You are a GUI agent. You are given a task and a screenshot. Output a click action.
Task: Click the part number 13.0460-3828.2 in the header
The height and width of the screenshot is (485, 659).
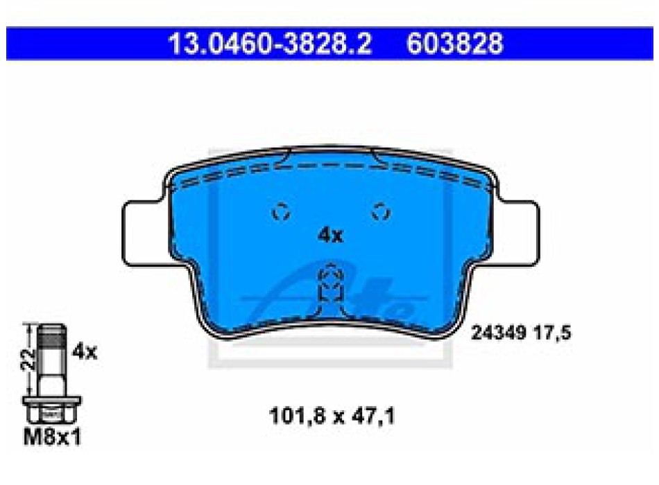point(270,44)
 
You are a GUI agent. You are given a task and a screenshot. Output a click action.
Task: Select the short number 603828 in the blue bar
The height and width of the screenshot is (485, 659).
point(455,44)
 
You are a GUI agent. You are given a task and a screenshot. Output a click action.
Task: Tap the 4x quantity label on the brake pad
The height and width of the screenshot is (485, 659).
point(330,236)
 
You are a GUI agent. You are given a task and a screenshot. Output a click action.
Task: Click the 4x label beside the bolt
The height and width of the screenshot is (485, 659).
point(85,351)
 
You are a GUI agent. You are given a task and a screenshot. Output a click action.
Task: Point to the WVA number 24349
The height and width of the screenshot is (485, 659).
point(499,333)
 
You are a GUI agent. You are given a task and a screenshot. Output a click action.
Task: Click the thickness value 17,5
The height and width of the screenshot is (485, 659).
point(553,333)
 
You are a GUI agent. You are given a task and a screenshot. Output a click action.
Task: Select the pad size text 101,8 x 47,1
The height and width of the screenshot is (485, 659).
point(332,416)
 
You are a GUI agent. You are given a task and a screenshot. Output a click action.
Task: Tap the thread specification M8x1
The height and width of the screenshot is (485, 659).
point(52,437)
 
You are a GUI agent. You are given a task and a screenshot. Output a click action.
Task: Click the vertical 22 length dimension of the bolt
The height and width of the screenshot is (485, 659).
point(28,359)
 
